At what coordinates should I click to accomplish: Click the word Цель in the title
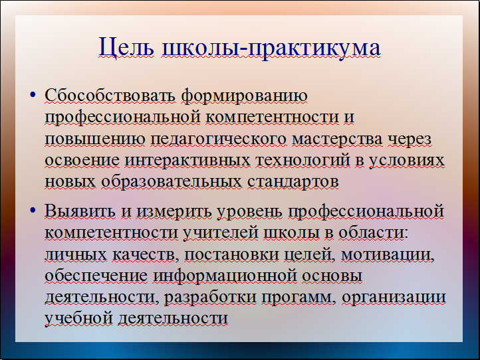[x=126, y=47]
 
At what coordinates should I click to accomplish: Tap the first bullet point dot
[x=33, y=94]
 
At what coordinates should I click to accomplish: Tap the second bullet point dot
[x=33, y=210]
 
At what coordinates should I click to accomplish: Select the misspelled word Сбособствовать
[x=110, y=96]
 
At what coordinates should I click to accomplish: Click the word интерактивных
[x=187, y=161]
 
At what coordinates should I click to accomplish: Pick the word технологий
[x=302, y=161]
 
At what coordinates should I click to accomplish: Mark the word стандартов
[x=293, y=183]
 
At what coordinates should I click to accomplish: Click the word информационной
[x=225, y=276]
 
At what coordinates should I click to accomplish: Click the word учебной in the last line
[x=78, y=319]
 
